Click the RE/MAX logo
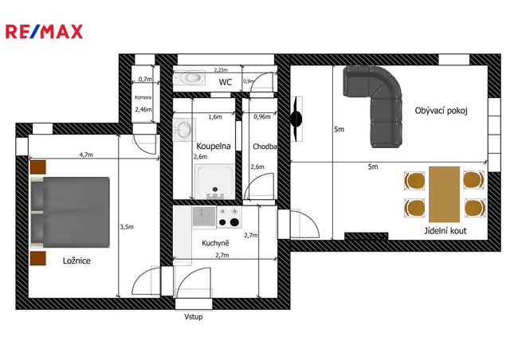(x=45, y=32)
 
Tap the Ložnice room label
(x=76, y=260)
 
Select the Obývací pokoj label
(x=441, y=111)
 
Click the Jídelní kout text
(x=445, y=231)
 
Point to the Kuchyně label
(x=215, y=243)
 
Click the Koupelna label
(x=214, y=147)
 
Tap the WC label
(x=225, y=82)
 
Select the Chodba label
(x=265, y=147)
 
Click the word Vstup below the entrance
(x=194, y=317)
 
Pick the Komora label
(x=143, y=97)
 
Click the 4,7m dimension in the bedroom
(x=86, y=155)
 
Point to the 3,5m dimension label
(x=127, y=227)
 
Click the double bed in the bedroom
(x=70, y=212)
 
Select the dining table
(x=445, y=194)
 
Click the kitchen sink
(x=204, y=217)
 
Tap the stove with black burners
(x=229, y=217)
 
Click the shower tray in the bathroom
(x=214, y=182)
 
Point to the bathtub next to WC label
(x=190, y=78)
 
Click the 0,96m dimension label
(x=262, y=117)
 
